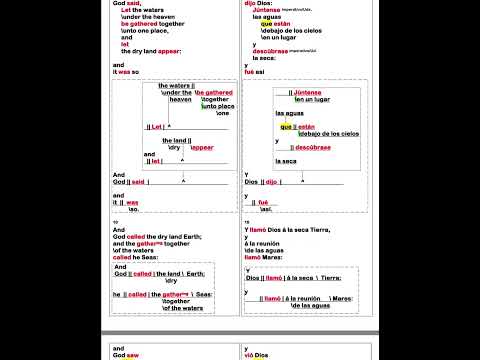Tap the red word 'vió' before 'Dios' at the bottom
click(x=250, y=355)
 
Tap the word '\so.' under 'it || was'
click(x=134, y=209)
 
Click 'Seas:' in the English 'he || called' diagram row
click(x=204, y=295)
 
